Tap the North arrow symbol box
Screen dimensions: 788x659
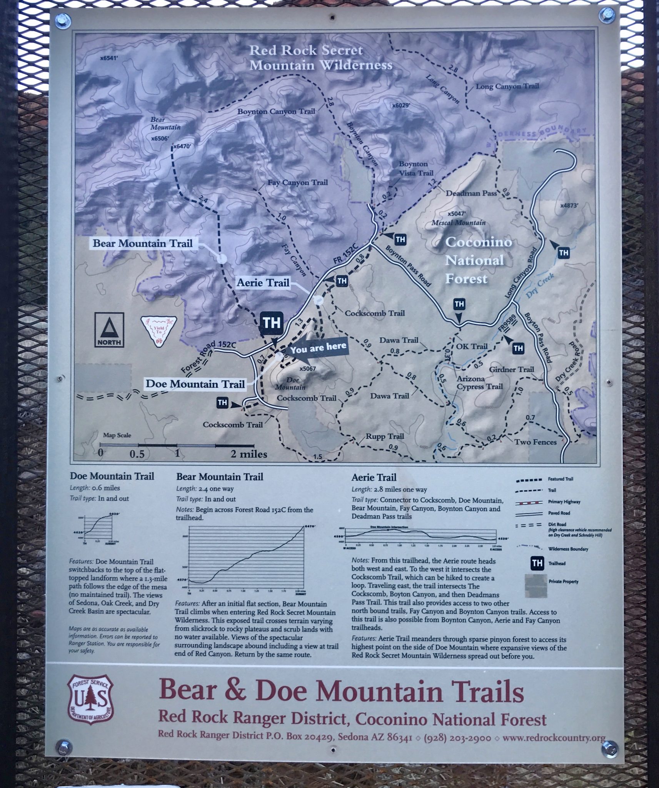click(x=109, y=329)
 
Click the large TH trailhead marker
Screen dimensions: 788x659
click(x=272, y=322)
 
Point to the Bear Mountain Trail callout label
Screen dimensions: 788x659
click(x=143, y=244)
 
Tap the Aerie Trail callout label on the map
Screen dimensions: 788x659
click(x=263, y=283)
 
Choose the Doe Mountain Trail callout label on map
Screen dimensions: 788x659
click(x=195, y=384)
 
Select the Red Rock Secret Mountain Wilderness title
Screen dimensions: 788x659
click(x=320, y=58)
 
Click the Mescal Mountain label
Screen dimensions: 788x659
click(x=458, y=222)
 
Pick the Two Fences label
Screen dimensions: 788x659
click(x=535, y=442)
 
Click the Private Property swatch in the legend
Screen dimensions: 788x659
click(x=536, y=586)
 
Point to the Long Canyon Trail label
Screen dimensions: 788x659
click(x=507, y=86)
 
